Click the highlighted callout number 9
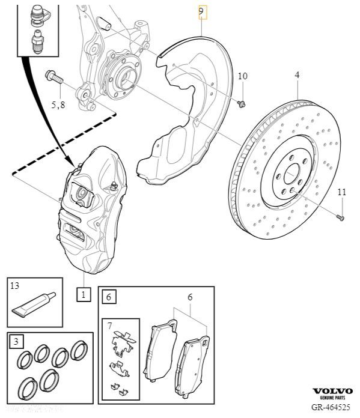pos(203,11)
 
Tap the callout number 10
pos(242,76)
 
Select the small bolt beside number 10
pos(242,104)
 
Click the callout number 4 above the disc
pos(297,75)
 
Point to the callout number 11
pos(341,192)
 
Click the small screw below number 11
pos(340,216)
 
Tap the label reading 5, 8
pos(59,104)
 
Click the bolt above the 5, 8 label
pos(53,76)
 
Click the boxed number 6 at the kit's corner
pos(108,297)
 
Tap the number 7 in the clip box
pos(109,326)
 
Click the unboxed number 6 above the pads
pos(190,297)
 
